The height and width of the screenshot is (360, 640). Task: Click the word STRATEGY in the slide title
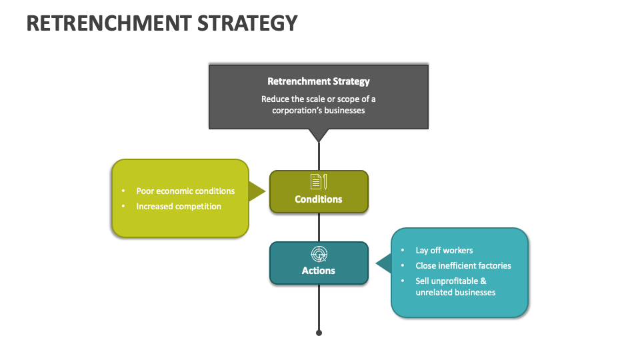click(248, 23)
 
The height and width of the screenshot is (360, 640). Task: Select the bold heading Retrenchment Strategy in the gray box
click(318, 81)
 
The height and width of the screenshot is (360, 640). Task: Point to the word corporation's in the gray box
click(301, 110)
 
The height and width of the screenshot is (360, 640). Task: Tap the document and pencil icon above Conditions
click(319, 181)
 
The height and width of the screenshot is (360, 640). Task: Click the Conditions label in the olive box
click(319, 199)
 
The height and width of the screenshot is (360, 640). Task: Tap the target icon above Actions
click(319, 253)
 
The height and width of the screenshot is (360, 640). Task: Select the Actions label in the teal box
click(319, 271)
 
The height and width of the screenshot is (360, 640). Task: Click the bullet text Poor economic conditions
click(185, 191)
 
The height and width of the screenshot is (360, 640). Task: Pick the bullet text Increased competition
click(179, 207)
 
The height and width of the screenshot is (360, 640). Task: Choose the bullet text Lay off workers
click(444, 251)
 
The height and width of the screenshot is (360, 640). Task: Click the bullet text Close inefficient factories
click(463, 266)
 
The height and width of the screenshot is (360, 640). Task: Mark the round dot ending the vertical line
click(319, 333)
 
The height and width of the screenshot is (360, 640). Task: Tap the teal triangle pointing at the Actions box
click(383, 263)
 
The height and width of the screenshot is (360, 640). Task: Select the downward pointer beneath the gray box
click(319, 135)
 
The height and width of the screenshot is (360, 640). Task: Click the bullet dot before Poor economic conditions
click(124, 191)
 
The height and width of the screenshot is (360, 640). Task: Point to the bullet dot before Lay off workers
click(403, 251)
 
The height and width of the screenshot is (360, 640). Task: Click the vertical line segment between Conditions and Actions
click(319, 227)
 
